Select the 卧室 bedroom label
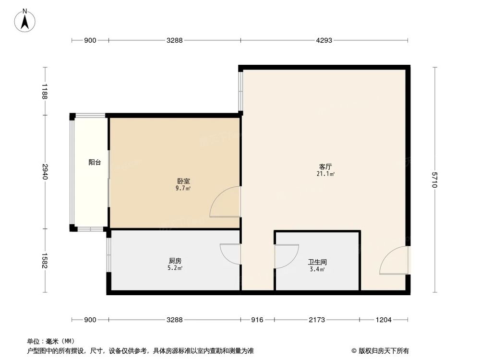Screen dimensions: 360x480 coord(183,181)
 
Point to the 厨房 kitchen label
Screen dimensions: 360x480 coord(175,261)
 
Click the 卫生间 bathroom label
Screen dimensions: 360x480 coord(317,263)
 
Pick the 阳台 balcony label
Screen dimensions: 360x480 coord(95,163)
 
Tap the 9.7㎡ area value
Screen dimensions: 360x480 coord(183,189)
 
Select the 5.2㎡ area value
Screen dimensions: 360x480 coord(175,268)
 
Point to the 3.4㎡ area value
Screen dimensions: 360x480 coord(317,270)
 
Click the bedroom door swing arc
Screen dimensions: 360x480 coord(225,202)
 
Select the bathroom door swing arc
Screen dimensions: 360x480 coord(286,256)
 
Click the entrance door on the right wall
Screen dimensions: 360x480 coord(394,261)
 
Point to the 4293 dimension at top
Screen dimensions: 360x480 coord(324,41)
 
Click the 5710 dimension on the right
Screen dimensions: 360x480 coord(435,180)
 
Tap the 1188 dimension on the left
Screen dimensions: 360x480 coord(45,92)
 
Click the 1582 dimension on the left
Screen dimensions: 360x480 coord(45,261)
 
